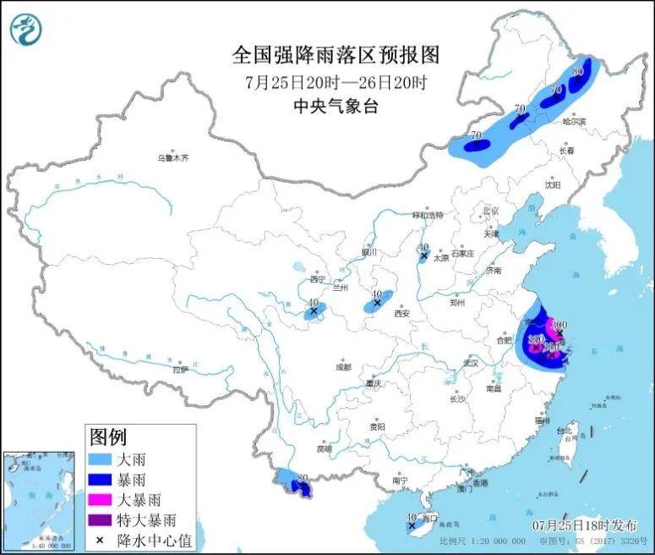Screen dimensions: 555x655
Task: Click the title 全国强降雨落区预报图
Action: tap(336, 55)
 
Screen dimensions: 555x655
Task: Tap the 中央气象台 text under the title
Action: tap(336, 106)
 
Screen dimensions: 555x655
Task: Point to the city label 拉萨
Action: tap(179, 370)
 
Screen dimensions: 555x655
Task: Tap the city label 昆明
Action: tap(325, 448)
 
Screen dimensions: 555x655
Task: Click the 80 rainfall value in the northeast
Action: tap(578, 72)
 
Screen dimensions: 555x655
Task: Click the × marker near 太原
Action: tap(423, 255)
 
